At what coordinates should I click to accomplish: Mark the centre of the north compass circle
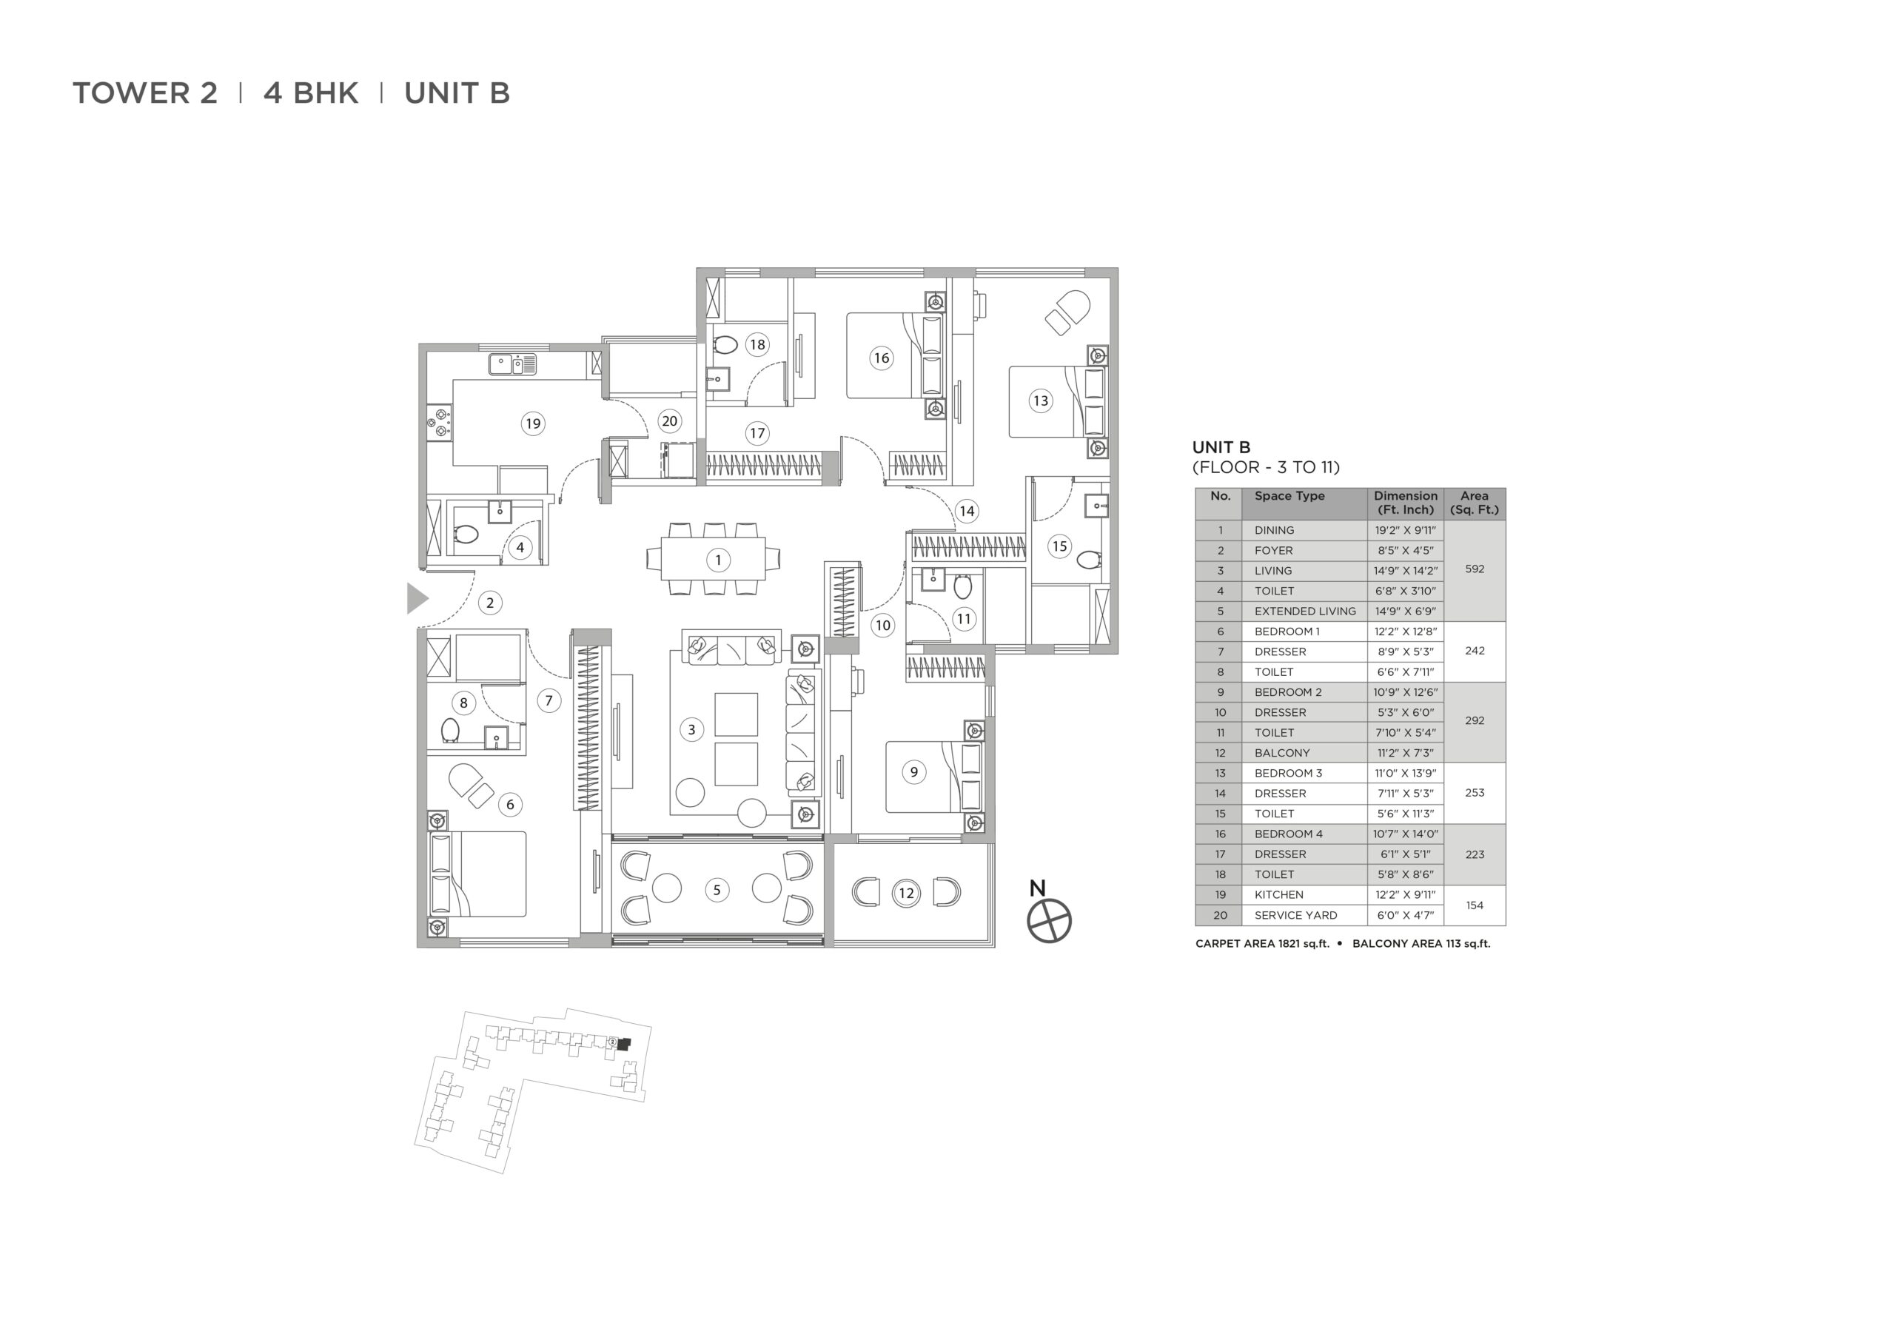[x=1049, y=920]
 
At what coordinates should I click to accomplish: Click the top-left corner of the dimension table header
[x=1195, y=488]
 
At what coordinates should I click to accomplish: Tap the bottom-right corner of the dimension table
[x=1506, y=925]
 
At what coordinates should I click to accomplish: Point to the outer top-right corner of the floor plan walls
[x=1118, y=267]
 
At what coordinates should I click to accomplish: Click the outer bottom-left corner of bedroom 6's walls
[x=417, y=948]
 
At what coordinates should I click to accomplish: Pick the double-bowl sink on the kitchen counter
[x=512, y=364]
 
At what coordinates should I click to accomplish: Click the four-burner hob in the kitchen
[x=439, y=421]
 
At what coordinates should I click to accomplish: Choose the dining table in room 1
[x=713, y=559]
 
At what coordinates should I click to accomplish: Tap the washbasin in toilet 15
[x=1097, y=504]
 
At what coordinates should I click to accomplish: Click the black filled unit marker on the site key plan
[x=623, y=1044]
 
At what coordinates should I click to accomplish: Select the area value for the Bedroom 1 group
[x=1475, y=651]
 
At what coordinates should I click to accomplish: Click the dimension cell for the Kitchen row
[x=1406, y=894]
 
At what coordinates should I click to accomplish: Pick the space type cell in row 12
[x=1304, y=753]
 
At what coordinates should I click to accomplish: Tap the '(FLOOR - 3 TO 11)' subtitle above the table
[x=1266, y=467]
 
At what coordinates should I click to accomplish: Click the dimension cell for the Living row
[x=1406, y=571]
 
